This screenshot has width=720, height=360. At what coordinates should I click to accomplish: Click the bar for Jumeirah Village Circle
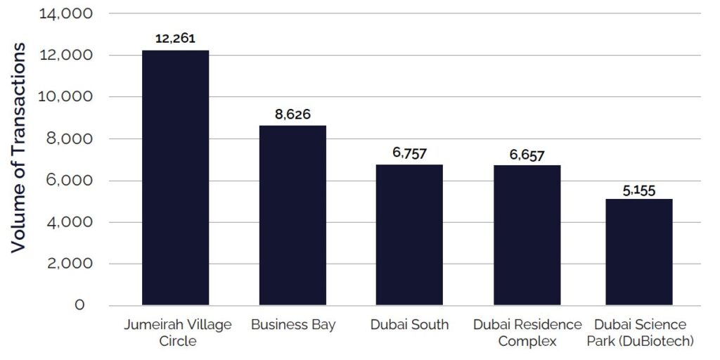[x=175, y=177]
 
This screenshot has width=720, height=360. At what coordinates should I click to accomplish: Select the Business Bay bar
[x=292, y=215]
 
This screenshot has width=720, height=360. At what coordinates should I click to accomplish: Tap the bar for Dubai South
[x=409, y=235]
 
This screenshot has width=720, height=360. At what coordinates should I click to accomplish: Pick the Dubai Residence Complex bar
[x=527, y=235]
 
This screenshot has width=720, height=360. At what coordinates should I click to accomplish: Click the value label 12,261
[x=175, y=39]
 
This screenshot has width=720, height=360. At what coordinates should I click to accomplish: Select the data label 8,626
[x=292, y=115]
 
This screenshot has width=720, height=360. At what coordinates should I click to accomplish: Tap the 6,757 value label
[x=409, y=153]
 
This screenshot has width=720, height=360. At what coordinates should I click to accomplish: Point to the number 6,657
[x=527, y=154]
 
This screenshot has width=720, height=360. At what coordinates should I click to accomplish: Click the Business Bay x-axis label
[x=292, y=326]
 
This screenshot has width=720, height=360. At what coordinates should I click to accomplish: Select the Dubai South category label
[x=409, y=326]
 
